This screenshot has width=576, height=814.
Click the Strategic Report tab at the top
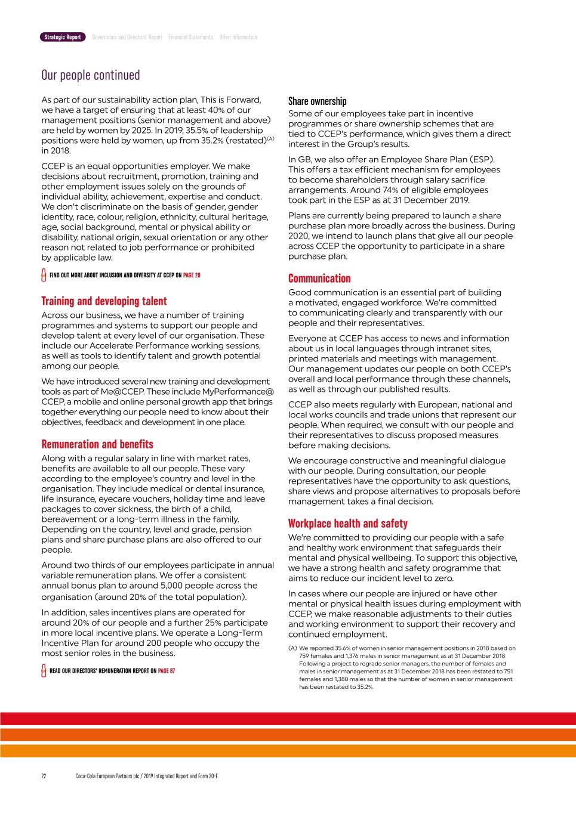(x=63, y=37)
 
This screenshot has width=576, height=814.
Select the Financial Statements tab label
(x=190, y=37)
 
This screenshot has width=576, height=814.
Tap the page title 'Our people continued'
(x=91, y=75)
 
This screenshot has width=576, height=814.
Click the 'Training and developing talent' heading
(x=104, y=301)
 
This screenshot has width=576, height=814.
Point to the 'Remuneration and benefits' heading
(x=97, y=444)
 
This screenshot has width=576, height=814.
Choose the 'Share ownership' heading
(x=317, y=101)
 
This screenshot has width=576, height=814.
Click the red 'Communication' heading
(x=319, y=278)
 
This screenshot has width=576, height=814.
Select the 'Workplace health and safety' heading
(x=347, y=524)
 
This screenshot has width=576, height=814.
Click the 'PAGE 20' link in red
(x=192, y=276)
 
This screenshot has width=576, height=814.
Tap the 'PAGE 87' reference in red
(x=167, y=671)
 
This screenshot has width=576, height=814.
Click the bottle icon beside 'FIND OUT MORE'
(x=44, y=276)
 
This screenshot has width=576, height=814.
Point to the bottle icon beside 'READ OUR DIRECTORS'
(x=44, y=671)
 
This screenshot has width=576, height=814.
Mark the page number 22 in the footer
(x=44, y=776)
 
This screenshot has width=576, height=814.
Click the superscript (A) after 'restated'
(x=270, y=139)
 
